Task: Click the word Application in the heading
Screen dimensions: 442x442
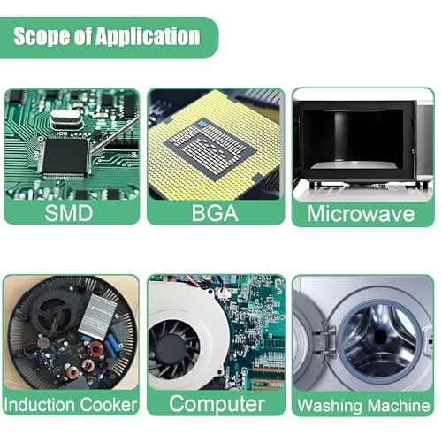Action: coord(148,37)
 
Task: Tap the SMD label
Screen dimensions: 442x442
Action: coord(69,213)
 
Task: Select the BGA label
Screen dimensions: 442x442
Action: coord(215,213)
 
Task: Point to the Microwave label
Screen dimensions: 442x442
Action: coord(361,213)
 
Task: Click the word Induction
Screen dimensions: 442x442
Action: coord(40,405)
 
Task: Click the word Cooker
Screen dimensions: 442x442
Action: coord(109,405)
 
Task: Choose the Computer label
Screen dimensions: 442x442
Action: coord(217,404)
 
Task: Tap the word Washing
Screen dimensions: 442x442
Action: coord(330,406)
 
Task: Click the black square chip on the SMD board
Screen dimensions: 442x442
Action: coord(65,156)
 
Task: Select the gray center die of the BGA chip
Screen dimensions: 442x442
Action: coord(210,149)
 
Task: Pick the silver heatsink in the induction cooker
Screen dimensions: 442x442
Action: coord(99,313)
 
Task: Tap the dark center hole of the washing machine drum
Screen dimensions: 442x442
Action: coord(379,337)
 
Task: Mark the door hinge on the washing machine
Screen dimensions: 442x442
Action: coord(330,342)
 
